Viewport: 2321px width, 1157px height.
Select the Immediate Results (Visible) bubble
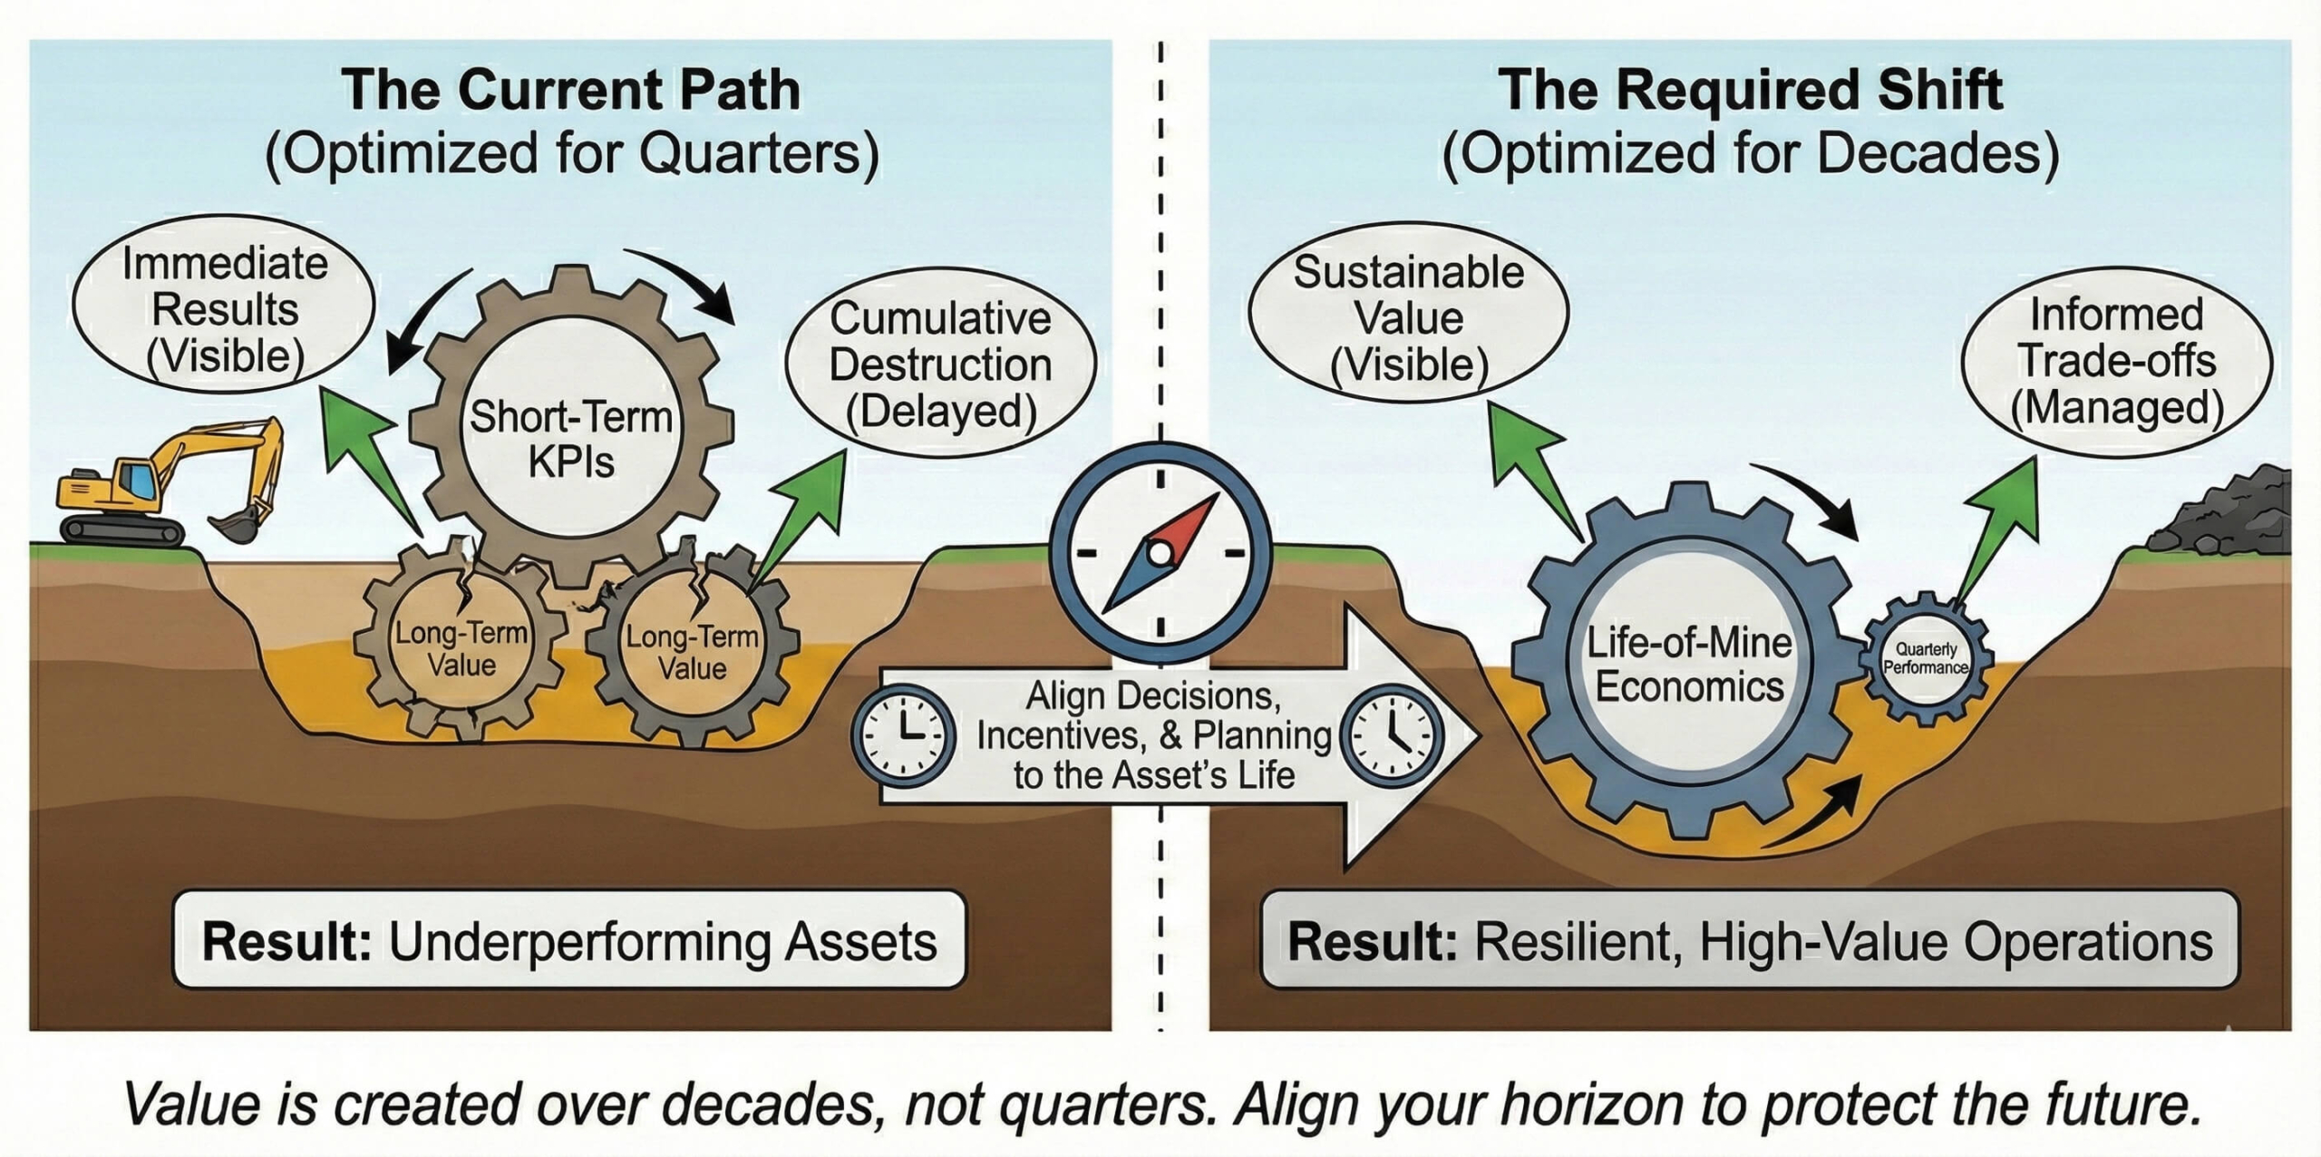(x=224, y=308)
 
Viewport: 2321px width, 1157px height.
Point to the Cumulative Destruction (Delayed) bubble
(x=940, y=364)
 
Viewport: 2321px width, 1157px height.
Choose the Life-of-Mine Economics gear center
(x=1688, y=665)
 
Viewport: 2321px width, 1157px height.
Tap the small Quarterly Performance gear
(x=1925, y=658)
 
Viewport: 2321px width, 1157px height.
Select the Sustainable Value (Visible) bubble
(x=1408, y=318)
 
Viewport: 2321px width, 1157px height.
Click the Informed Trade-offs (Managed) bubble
(x=2116, y=361)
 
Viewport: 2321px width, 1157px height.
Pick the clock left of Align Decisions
(x=903, y=734)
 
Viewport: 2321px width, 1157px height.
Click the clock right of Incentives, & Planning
(x=1391, y=734)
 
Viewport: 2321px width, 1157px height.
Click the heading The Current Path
(x=571, y=90)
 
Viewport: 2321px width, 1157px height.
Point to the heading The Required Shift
(x=1749, y=90)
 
